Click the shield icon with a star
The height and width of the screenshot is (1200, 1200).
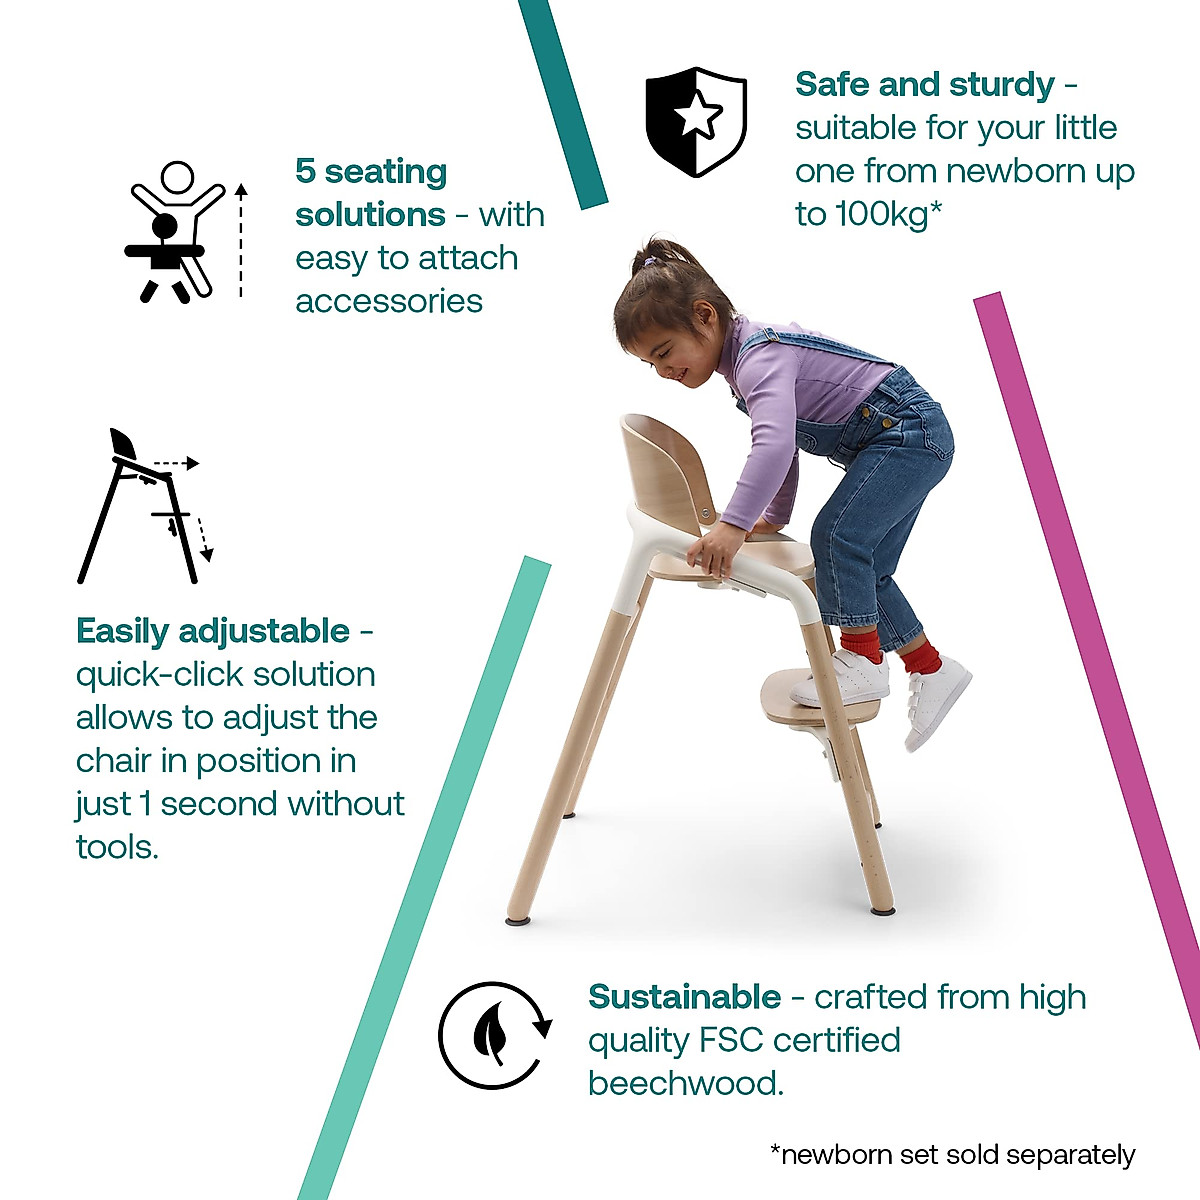(x=696, y=121)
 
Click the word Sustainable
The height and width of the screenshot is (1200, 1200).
(x=684, y=997)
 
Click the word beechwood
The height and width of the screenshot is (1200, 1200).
(x=685, y=1083)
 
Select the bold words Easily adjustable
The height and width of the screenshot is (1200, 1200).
(x=213, y=631)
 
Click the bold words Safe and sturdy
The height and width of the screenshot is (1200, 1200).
(x=924, y=85)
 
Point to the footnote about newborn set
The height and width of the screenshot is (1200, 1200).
(x=952, y=1155)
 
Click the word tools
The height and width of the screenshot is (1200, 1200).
(x=116, y=847)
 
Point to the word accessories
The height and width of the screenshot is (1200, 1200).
(x=388, y=301)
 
